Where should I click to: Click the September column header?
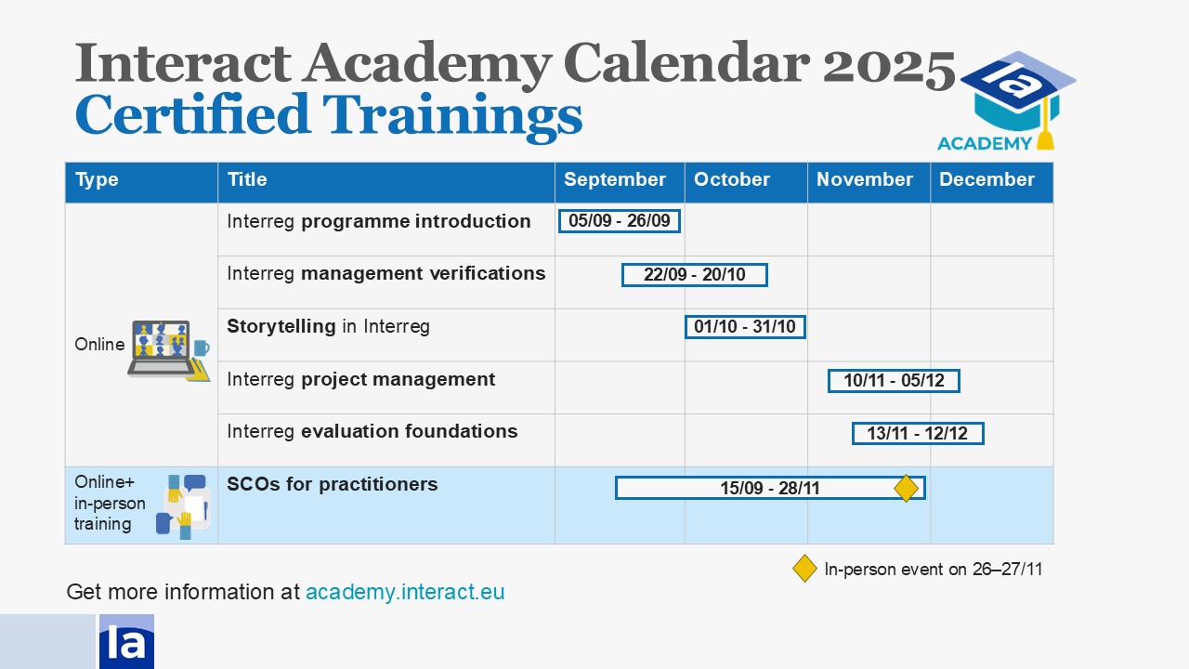pyautogui.click(x=614, y=179)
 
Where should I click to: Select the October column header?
pyautogui.click(x=731, y=179)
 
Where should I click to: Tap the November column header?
pyautogui.click(x=864, y=179)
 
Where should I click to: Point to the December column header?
pyautogui.click(x=986, y=179)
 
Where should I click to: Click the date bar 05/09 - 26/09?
pyautogui.click(x=620, y=221)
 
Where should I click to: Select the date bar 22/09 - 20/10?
pyautogui.click(x=694, y=274)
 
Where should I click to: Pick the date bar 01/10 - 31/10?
pyautogui.click(x=745, y=326)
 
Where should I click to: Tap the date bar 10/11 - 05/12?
pyautogui.click(x=894, y=381)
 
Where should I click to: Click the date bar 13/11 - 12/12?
pyautogui.click(x=918, y=433)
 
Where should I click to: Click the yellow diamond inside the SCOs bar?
pyautogui.click(x=906, y=488)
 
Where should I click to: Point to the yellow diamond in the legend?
pyautogui.click(x=804, y=568)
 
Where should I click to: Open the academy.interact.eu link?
pyautogui.click(x=405, y=592)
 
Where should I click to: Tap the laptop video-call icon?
pyautogui.click(x=169, y=350)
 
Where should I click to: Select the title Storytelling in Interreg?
pyautogui.click(x=328, y=326)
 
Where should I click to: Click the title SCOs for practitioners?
pyautogui.click(x=333, y=484)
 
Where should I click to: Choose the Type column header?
pyautogui.click(x=97, y=179)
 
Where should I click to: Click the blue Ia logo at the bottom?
pyautogui.click(x=127, y=641)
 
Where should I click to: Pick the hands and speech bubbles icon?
pyautogui.click(x=183, y=506)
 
